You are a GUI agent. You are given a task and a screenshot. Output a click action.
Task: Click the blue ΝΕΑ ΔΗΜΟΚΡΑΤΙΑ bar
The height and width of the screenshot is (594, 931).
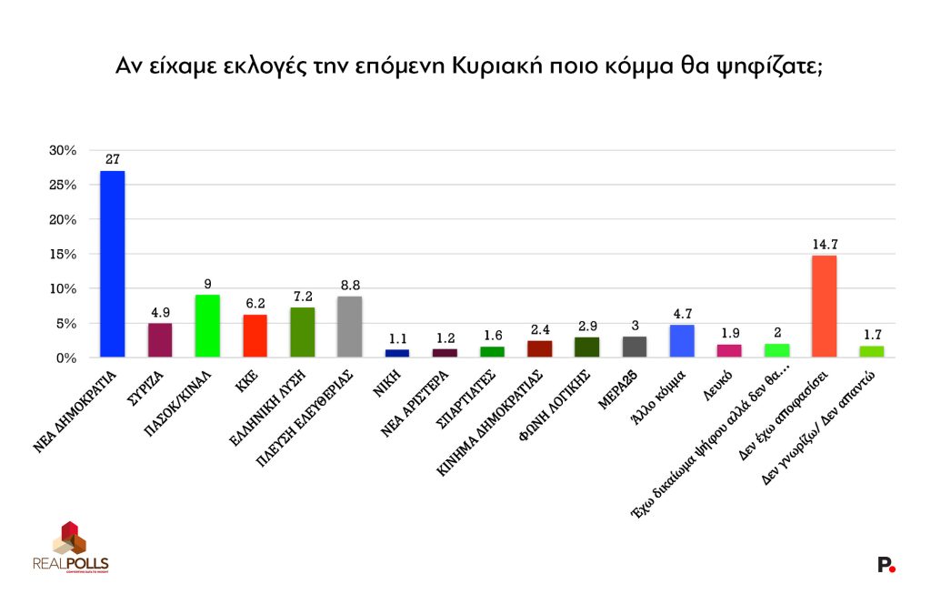click(113, 264)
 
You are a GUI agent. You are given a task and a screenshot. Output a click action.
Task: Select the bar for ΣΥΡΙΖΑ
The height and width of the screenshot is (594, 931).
click(160, 340)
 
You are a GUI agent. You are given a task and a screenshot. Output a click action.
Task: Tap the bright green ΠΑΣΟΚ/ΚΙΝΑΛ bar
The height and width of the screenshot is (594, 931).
click(207, 326)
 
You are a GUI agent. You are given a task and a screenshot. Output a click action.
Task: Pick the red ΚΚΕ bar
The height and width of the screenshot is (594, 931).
click(255, 336)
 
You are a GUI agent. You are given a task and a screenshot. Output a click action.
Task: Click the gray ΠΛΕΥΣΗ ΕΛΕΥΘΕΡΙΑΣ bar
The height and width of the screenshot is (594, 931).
click(349, 327)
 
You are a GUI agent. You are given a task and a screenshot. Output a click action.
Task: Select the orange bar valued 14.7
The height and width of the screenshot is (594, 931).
click(824, 307)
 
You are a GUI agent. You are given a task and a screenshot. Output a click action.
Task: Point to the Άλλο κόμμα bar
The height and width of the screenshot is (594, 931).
click(682, 341)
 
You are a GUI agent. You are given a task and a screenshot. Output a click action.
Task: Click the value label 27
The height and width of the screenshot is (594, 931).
click(113, 159)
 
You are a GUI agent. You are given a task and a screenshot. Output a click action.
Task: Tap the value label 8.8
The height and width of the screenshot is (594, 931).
click(349, 285)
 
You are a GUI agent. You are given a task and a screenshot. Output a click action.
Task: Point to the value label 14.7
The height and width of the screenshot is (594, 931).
click(824, 244)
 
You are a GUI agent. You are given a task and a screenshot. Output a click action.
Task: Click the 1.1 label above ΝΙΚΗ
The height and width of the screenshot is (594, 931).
click(396, 338)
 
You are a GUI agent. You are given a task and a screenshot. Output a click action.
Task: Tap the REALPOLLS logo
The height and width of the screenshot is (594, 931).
click(70, 549)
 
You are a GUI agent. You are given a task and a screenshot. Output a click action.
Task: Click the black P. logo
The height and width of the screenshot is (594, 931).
click(886, 565)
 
